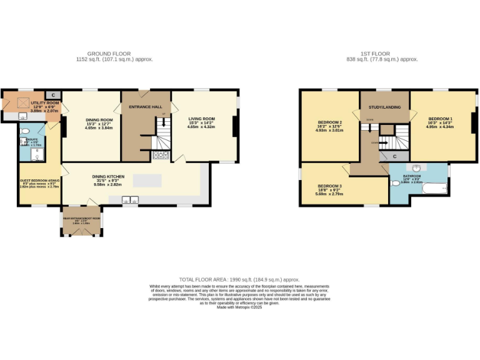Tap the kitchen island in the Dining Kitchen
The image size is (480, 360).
tap(147, 180)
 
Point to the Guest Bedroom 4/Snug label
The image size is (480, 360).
tap(39, 181)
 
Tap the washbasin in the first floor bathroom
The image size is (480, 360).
tap(417, 169)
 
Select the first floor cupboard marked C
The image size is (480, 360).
tap(393, 156)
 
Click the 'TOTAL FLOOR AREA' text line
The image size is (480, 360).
tap(239, 279)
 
